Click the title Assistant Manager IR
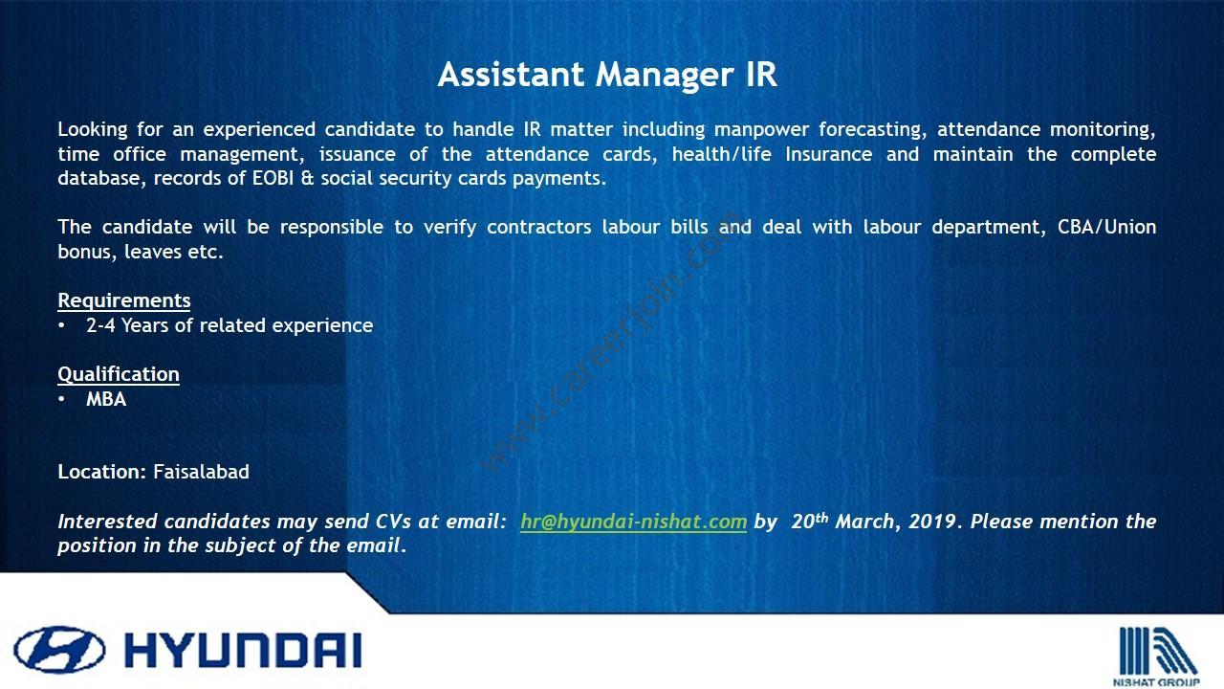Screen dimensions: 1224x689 [607, 76]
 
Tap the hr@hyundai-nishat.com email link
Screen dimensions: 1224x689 [633, 522]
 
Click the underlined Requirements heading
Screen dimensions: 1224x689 [124, 301]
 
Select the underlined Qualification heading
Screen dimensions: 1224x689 [119, 374]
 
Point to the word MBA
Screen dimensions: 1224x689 [106, 399]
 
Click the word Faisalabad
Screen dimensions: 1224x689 [201, 472]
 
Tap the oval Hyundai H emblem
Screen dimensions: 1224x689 [59, 650]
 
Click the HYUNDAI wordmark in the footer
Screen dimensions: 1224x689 [243, 650]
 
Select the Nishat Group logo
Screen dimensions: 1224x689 [1156, 656]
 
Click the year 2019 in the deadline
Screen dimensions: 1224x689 [932, 522]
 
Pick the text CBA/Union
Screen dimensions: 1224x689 [1106, 227]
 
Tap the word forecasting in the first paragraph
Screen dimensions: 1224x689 [872, 130]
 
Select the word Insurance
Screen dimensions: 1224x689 [828, 154]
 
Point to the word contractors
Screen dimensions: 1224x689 [538, 227]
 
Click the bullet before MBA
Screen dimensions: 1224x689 [61, 399]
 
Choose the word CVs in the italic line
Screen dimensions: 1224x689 [393, 522]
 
